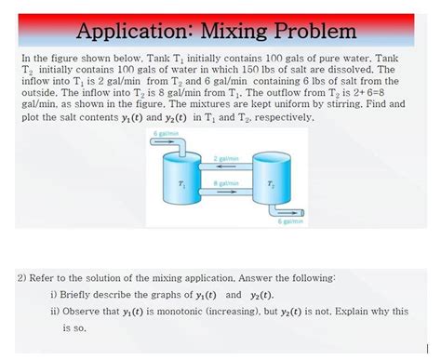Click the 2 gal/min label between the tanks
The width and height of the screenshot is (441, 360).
(x=226, y=158)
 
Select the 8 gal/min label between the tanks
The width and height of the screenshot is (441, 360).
(x=226, y=183)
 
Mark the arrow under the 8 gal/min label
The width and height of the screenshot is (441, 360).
(x=226, y=193)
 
